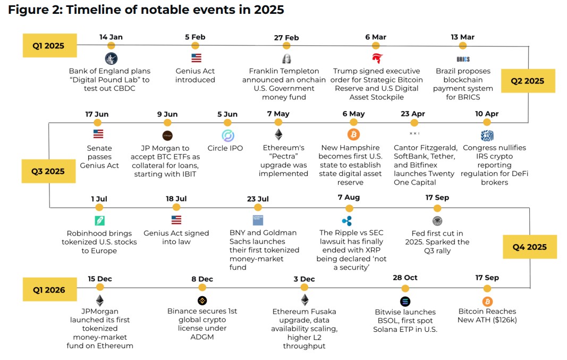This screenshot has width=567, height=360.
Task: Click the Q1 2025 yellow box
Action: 49,46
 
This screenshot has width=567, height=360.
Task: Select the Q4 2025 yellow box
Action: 529,247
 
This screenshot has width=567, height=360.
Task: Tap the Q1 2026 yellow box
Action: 49,290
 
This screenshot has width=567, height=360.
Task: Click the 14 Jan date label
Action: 111,37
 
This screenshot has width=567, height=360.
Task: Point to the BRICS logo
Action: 463,59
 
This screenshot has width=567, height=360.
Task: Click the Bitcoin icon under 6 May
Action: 353,134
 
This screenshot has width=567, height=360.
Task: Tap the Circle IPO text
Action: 225,148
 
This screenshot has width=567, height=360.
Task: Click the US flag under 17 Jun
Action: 98,134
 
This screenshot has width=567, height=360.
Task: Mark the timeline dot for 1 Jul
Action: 99,207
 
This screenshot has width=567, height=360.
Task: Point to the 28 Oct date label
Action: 405,278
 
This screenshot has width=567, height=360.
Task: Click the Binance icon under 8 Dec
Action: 202,301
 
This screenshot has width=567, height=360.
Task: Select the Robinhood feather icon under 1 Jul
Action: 99,220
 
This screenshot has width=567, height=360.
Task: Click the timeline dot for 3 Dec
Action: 304,288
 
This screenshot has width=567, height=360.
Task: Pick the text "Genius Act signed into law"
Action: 176,237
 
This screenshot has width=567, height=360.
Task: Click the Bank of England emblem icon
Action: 111,58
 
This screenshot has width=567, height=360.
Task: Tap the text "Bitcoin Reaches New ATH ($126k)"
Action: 487,316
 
